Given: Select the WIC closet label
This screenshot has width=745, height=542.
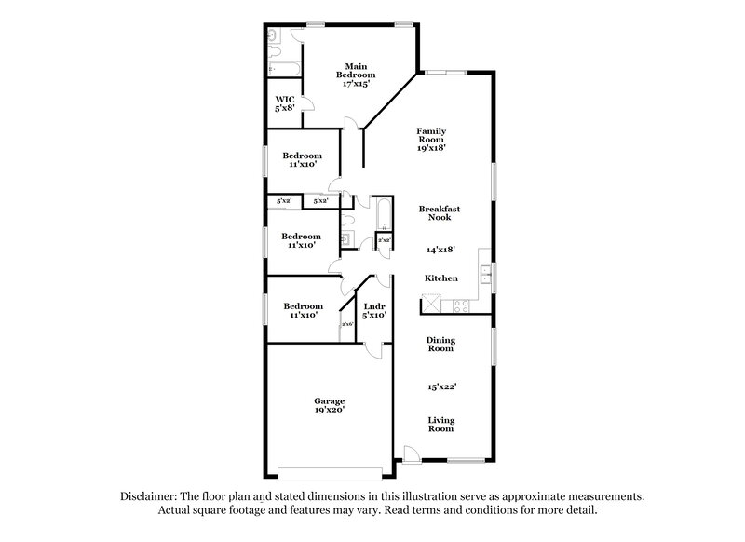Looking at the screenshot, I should point(285,98).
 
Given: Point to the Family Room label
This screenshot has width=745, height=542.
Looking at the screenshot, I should point(430,136).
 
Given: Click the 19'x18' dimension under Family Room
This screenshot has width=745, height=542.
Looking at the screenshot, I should point(430,149).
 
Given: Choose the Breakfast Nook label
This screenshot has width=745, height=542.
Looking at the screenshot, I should point(439,212).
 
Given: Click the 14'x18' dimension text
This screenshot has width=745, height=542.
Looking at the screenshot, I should point(439,250).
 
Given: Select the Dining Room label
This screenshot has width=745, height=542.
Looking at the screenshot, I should point(440,345).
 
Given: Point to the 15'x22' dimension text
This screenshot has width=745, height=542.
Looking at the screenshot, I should point(440,385).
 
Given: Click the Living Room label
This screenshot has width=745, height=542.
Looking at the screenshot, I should point(440,425).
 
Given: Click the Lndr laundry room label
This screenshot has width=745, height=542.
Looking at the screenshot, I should point(374,305).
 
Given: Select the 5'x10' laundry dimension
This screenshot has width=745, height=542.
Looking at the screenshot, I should point(374,315).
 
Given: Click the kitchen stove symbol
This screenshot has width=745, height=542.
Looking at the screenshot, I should point(460,306).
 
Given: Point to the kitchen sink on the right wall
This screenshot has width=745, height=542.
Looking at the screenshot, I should point(486,274).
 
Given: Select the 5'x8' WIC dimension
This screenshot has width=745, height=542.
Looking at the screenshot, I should point(285,108).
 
